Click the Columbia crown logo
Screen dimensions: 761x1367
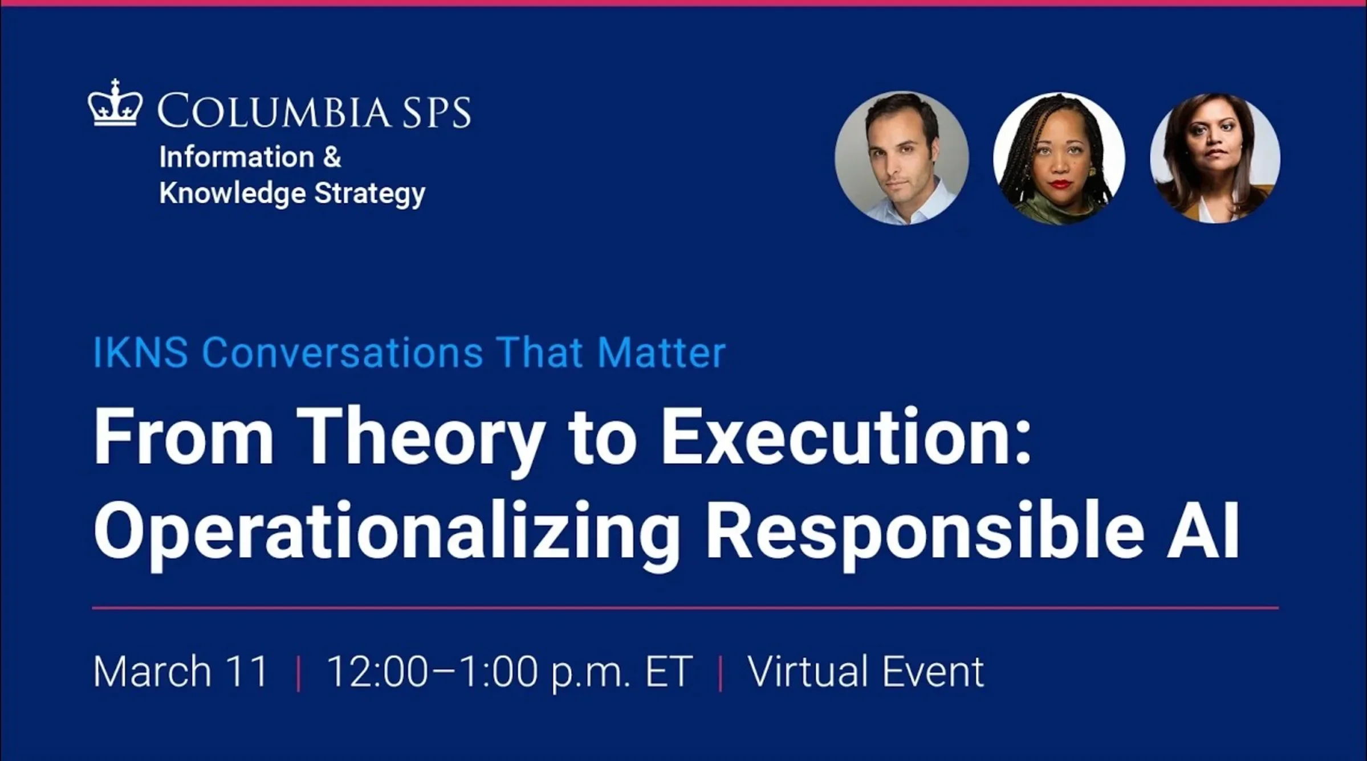[x=115, y=104]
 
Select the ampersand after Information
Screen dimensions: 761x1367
[x=332, y=157]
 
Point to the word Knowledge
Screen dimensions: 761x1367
[x=233, y=193]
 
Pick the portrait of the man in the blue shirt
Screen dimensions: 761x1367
[x=901, y=158]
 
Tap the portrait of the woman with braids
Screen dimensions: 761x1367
[x=1059, y=158]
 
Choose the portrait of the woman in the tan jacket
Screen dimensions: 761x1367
[x=1215, y=158]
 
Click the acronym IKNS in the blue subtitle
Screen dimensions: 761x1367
[x=140, y=353]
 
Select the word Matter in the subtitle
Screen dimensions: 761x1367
[x=661, y=353]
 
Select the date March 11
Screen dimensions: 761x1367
[x=181, y=672]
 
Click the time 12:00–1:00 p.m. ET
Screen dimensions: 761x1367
[x=510, y=672]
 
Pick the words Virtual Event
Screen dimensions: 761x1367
[x=865, y=672]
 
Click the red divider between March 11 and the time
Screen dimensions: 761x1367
[x=299, y=673]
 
